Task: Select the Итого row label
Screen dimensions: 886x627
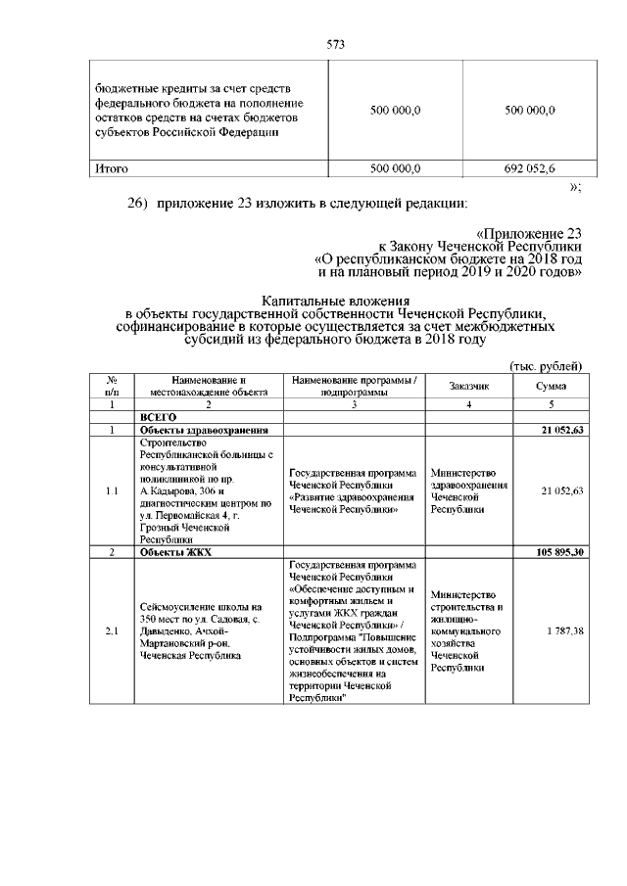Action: coord(111,168)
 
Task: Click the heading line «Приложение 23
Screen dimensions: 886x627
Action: coord(529,234)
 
